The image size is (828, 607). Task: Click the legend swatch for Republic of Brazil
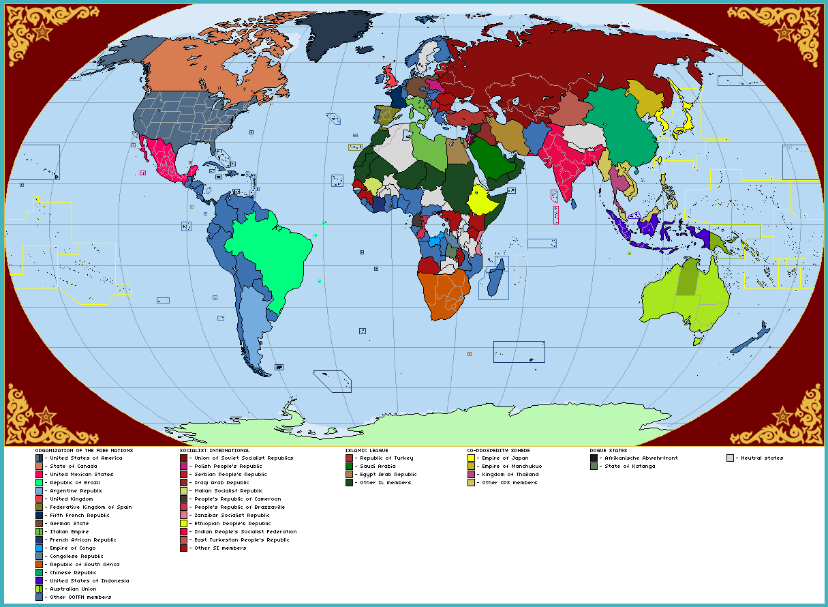tap(39, 483)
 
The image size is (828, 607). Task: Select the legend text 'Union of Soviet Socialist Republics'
tap(244, 458)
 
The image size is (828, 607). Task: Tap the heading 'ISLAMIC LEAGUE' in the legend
tap(368, 450)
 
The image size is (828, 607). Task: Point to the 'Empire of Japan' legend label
tap(505, 458)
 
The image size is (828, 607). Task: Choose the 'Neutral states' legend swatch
tap(731, 458)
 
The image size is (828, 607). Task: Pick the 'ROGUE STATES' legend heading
tap(608, 450)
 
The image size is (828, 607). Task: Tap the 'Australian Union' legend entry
tap(74, 589)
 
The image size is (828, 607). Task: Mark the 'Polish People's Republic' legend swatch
tap(184, 467)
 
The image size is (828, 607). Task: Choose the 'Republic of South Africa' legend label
tap(85, 565)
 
